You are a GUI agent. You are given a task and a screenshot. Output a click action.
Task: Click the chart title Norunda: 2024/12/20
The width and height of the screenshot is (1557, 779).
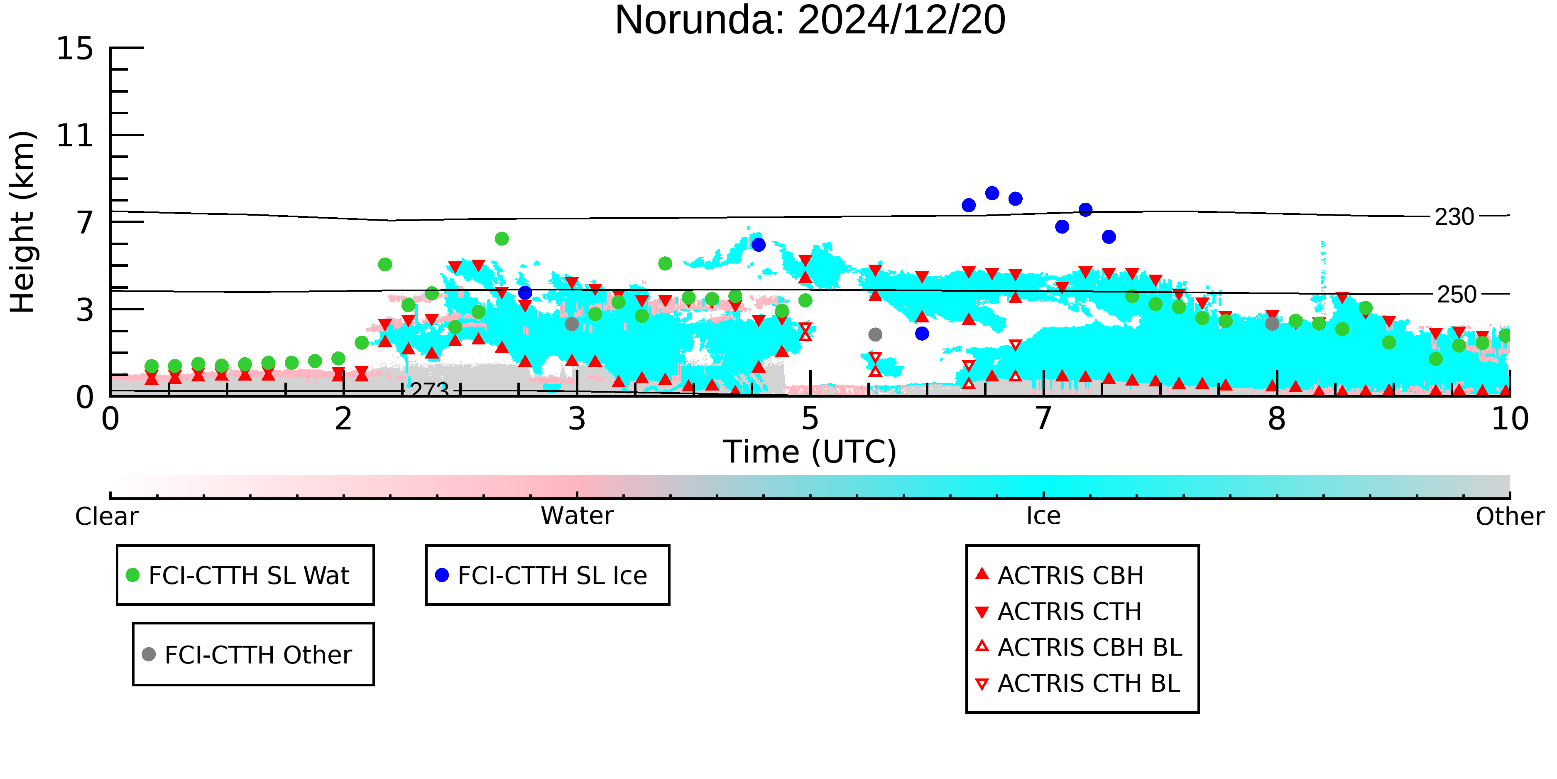(x=810, y=20)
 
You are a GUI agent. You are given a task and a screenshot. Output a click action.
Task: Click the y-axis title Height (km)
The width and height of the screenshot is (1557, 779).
(x=22, y=222)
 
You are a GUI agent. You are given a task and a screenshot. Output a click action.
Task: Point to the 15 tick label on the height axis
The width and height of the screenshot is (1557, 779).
(x=75, y=48)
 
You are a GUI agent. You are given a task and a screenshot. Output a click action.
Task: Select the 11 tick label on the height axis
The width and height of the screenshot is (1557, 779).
(x=75, y=135)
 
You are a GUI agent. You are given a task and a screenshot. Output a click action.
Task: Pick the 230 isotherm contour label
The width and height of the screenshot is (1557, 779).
(x=1454, y=216)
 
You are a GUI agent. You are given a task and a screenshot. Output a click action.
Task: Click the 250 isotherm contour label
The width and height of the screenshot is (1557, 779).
(x=1457, y=295)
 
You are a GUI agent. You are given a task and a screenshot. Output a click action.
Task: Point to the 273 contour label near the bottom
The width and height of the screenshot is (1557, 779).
(x=430, y=390)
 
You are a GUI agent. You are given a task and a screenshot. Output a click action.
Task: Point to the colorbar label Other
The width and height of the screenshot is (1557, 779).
(x=1510, y=516)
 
